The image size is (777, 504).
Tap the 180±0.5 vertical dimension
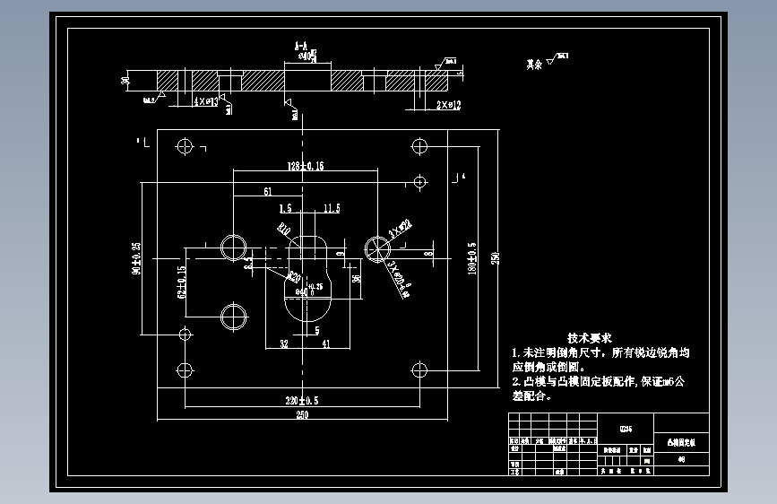point(472,257)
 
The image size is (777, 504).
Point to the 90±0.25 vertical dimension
point(136,257)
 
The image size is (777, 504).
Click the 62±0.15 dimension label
point(181,282)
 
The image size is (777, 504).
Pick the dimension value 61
point(268,192)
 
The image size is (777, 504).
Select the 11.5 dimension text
point(332,208)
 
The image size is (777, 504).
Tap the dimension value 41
point(325,343)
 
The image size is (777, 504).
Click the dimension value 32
point(283,343)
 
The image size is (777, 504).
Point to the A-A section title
point(301,44)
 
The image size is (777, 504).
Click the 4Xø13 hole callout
point(205,102)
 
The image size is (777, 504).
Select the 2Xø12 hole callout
point(448,105)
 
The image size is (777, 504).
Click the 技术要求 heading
point(589,337)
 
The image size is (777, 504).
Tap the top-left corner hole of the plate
point(186,145)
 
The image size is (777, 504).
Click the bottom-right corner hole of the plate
point(419,369)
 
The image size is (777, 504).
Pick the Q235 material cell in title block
point(625,430)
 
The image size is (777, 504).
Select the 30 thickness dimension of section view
point(125,81)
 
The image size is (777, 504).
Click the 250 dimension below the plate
point(301,415)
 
